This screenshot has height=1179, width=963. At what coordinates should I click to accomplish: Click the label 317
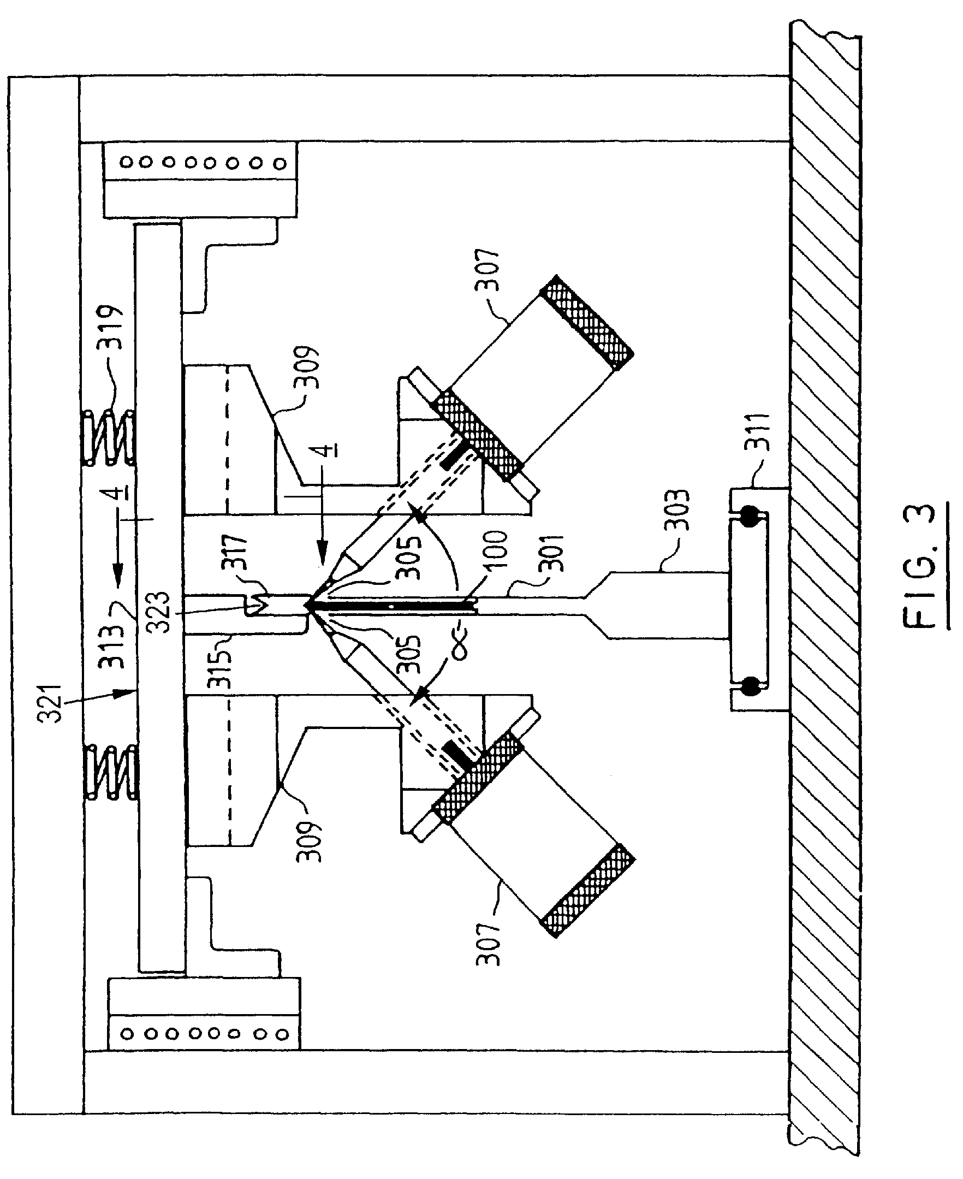click(x=234, y=553)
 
